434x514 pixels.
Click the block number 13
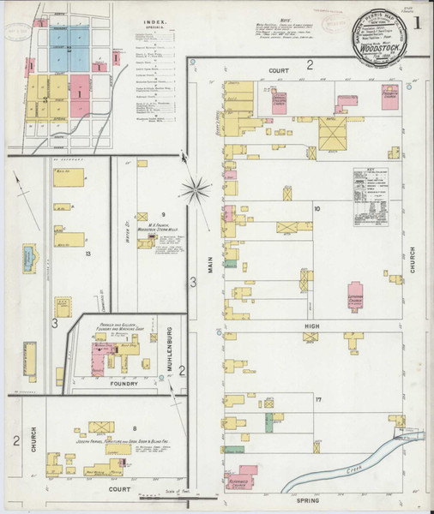coord(87,254)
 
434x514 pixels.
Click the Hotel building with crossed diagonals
coord(331,134)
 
